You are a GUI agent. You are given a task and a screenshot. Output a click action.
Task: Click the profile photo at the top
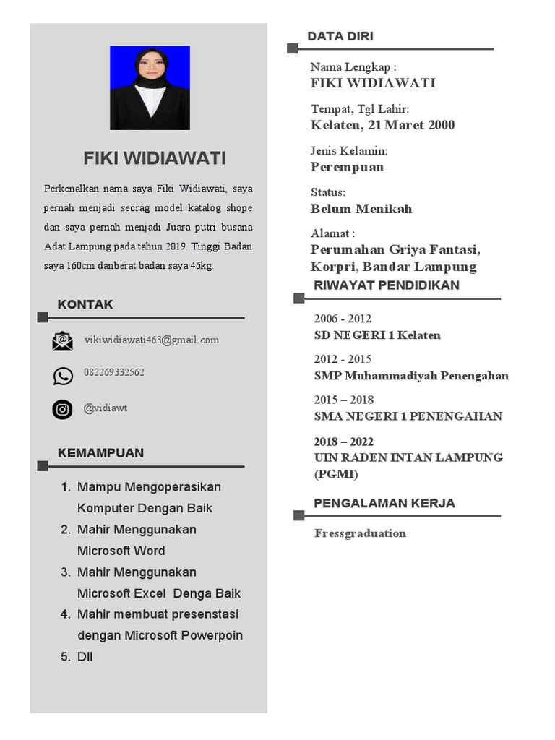(150, 87)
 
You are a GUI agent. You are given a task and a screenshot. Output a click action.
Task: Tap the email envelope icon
(63, 341)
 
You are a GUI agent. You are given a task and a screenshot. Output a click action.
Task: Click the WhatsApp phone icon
(63, 376)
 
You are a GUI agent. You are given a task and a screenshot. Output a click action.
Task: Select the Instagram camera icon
(63, 410)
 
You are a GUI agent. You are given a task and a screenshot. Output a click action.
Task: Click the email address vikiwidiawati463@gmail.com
(151, 340)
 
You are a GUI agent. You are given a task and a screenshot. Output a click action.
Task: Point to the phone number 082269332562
(114, 372)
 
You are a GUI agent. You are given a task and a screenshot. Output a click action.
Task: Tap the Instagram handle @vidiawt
(106, 408)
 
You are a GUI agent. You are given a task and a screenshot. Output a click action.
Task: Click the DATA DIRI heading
(340, 36)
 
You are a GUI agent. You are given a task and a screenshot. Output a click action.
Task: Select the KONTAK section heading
(85, 304)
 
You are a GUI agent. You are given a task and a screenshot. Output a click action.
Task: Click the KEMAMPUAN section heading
(100, 453)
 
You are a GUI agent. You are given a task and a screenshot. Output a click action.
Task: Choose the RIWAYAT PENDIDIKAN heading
(387, 285)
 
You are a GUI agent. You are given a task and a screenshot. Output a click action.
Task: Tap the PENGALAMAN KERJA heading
(384, 503)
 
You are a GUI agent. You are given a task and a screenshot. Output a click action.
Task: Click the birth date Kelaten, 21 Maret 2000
(383, 125)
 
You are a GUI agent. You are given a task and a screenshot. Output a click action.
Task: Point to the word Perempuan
(348, 167)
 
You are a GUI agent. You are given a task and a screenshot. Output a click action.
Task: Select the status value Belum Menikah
(361, 209)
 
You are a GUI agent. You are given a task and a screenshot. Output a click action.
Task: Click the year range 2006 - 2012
(343, 319)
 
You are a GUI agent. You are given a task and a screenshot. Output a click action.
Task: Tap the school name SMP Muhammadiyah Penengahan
(411, 376)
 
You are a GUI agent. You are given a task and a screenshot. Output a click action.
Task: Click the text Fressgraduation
(360, 533)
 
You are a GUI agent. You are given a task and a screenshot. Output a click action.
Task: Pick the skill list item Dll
(85, 657)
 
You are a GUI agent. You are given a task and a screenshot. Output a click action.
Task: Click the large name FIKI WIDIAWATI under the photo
(155, 158)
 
